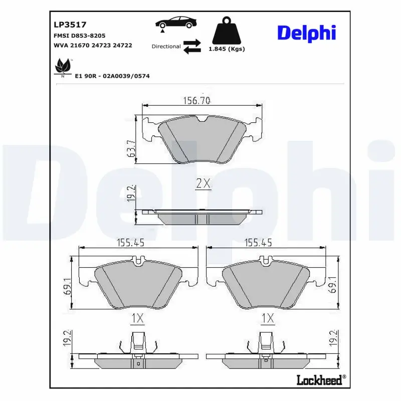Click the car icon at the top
point(175,23)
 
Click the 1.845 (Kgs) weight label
point(227,49)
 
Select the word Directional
point(166,46)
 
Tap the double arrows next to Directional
point(191,46)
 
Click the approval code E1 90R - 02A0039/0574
point(112,76)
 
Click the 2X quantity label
point(203,184)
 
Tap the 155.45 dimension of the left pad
point(130,243)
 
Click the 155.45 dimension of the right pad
point(258,243)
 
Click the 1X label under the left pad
point(137,318)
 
